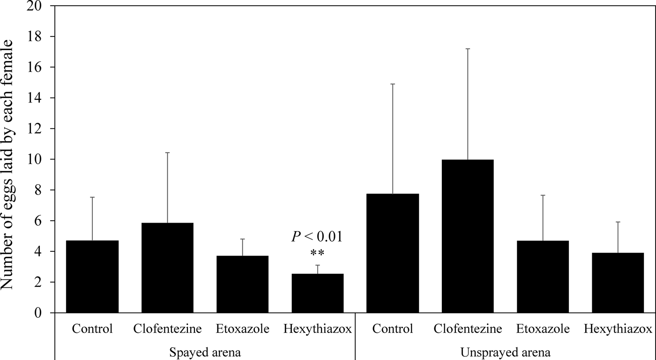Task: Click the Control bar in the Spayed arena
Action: [x=92, y=277]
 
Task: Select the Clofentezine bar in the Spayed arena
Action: [x=167, y=268]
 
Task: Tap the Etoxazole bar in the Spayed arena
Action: [x=242, y=284]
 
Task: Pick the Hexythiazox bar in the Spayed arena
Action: [x=317, y=293]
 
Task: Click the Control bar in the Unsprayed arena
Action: [x=393, y=253]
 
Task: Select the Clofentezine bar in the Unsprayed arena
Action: [x=468, y=236]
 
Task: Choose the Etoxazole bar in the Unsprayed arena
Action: [x=543, y=277]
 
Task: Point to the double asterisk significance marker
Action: [x=317, y=254]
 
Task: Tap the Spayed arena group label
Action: [x=205, y=352]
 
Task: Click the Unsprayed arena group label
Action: [x=505, y=352]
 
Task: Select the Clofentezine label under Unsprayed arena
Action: [x=468, y=329]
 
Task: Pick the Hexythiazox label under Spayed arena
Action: [x=317, y=329]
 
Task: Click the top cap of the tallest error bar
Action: [x=468, y=49]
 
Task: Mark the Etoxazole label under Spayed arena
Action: [x=242, y=329]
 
